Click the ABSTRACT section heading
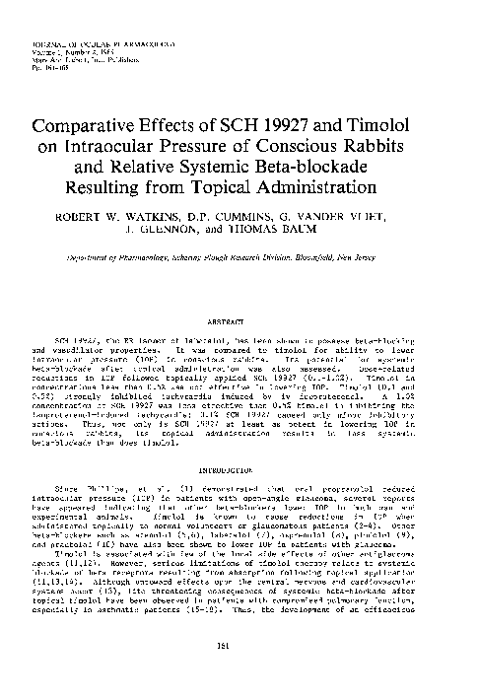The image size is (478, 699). pos(239,293)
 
